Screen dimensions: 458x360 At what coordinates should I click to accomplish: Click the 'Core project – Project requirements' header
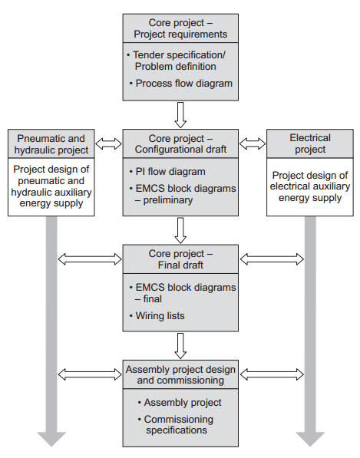(180, 28)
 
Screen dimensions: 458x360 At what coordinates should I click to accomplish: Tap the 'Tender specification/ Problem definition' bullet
(180, 61)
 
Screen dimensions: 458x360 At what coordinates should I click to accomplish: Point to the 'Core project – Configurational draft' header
(180, 143)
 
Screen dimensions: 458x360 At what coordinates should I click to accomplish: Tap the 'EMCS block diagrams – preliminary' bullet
(180, 193)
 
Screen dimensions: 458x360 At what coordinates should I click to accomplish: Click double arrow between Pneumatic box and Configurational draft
(107, 143)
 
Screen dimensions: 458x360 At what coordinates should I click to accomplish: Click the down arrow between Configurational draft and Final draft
(180, 229)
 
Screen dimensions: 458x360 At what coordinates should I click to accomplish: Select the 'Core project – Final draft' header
(180, 259)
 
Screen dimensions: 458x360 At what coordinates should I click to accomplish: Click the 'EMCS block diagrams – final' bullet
(180, 293)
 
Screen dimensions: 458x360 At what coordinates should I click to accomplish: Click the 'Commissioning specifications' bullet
(180, 424)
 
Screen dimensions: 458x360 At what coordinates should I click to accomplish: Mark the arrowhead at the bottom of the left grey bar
(52, 438)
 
